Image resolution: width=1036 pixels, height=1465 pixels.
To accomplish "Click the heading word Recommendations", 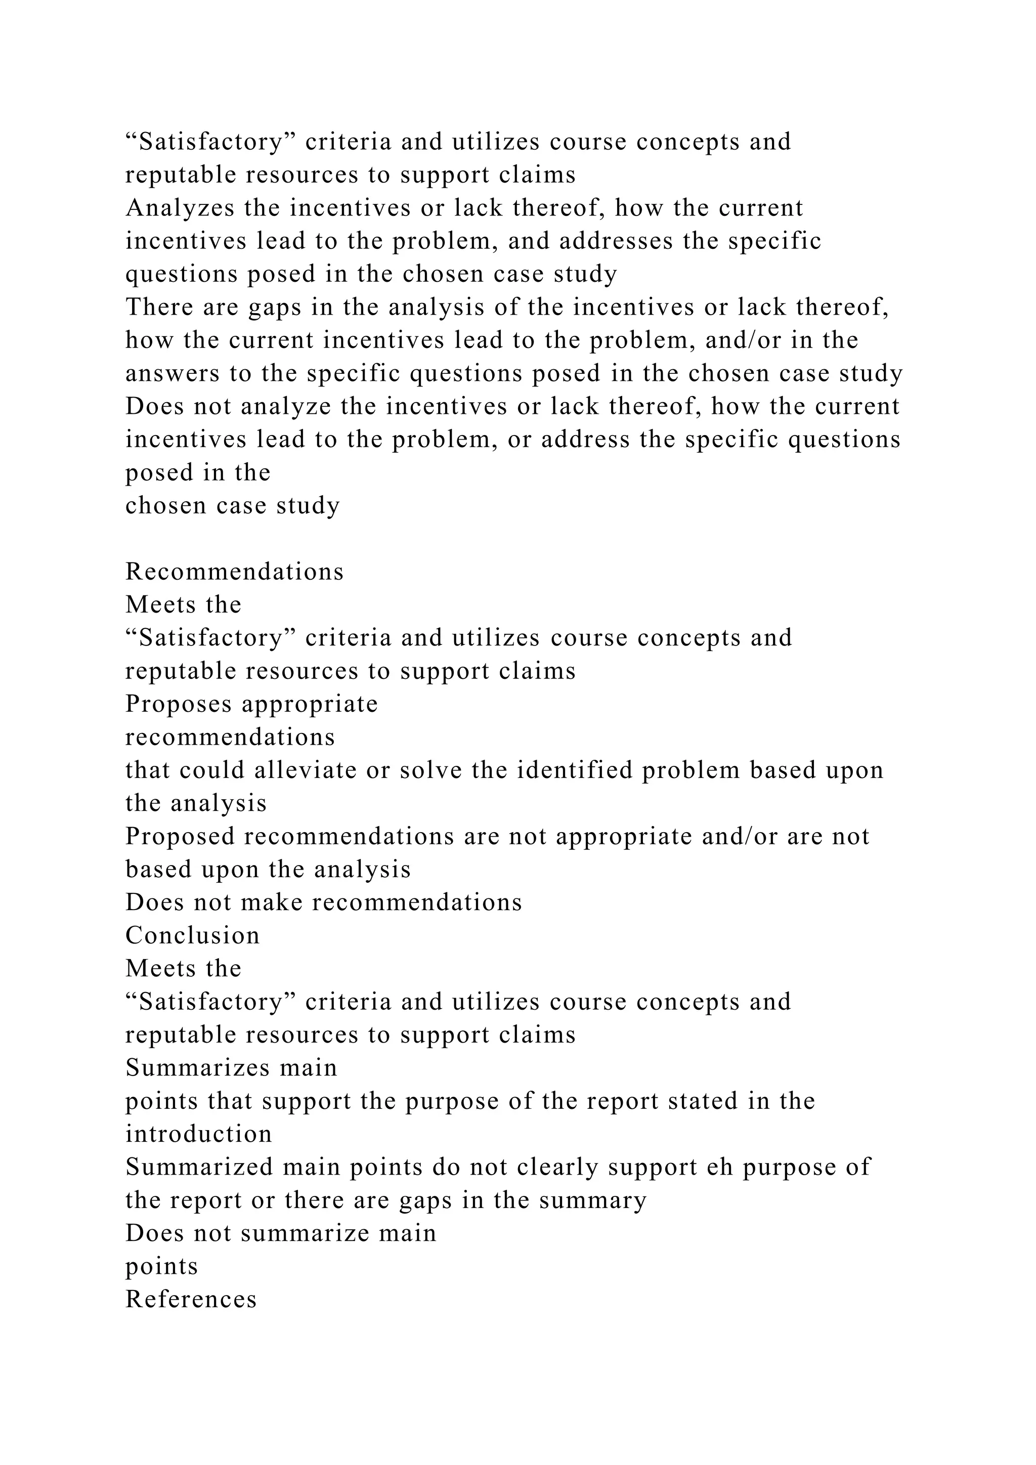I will (x=234, y=571).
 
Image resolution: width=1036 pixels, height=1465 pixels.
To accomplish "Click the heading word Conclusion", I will (x=193, y=935).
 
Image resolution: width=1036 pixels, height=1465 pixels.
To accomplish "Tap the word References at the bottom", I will (x=191, y=1299).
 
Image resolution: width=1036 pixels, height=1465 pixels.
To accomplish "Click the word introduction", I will (x=198, y=1133).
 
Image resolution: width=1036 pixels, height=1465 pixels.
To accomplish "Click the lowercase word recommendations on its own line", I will (x=230, y=737).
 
